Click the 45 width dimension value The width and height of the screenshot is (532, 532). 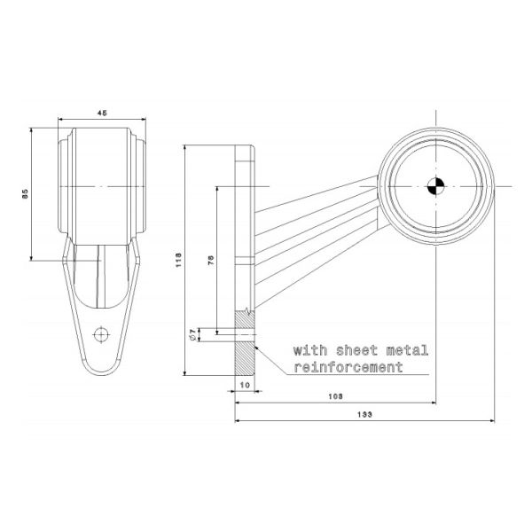point(102,113)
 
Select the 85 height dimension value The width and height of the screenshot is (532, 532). point(27,192)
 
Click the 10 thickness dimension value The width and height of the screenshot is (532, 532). point(245,387)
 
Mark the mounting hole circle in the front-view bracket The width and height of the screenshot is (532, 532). point(101,334)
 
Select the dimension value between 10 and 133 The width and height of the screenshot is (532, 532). point(335,395)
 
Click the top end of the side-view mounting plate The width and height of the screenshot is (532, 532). point(245,149)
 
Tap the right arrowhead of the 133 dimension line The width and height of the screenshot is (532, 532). point(490,421)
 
